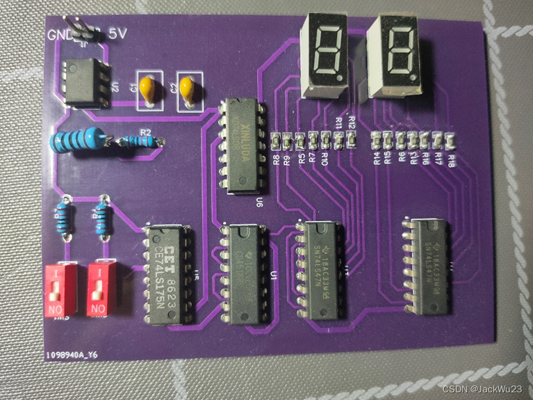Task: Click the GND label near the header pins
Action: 58,35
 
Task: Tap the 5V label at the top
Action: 117,33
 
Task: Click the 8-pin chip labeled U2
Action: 84,82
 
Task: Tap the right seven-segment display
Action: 394,56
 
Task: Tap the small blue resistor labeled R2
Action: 143,142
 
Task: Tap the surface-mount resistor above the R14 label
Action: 377,138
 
